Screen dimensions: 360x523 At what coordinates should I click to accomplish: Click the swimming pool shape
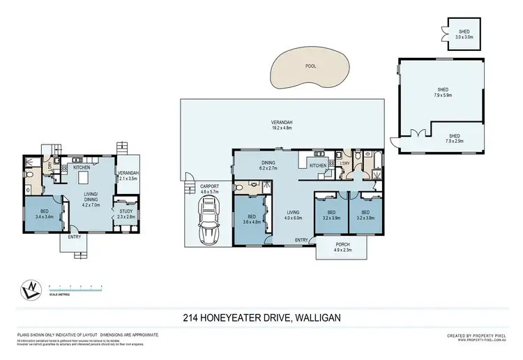click(310, 70)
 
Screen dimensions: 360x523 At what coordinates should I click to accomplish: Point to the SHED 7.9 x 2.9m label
click(454, 139)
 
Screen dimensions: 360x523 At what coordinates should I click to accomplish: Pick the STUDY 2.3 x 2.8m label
click(126, 213)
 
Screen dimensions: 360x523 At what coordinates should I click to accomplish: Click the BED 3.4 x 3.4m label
click(43, 214)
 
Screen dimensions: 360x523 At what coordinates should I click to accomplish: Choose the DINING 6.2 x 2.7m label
click(269, 166)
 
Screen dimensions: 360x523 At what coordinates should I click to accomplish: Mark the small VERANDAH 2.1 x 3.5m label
click(128, 176)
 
